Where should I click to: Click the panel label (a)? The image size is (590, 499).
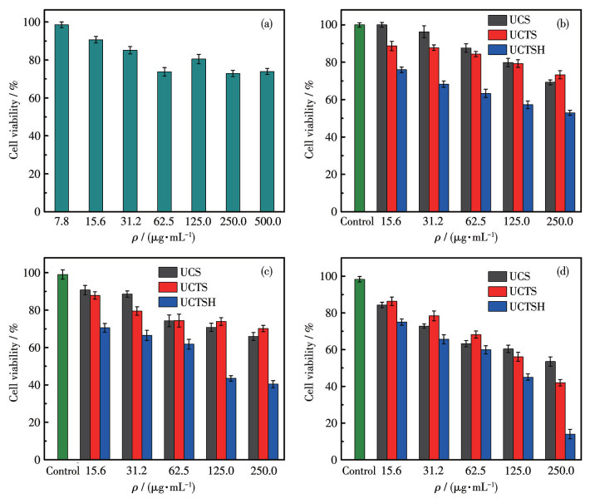click(x=268, y=23)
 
